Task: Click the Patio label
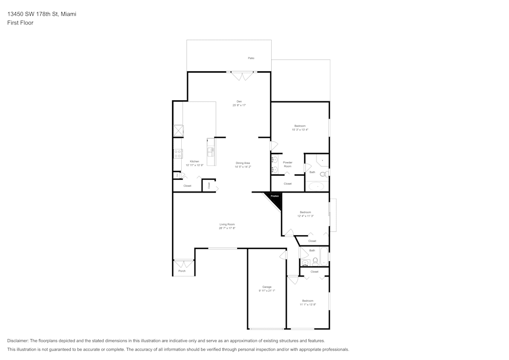click(251, 58)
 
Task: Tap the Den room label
click(239, 101)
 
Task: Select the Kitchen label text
click(194, 161)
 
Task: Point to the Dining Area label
click(243, 163)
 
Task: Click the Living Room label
click(227, 224)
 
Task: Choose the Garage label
click(267, 287)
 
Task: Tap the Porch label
click(182, 271)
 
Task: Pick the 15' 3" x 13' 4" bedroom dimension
click(300, 130)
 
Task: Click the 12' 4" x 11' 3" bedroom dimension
click(305, 216)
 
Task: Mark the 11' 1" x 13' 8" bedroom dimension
click(307, 304)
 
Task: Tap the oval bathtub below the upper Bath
click(317, 186)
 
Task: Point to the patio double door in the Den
click(242, 76)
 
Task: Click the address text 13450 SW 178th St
click(42, 14)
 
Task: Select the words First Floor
click(20, 23)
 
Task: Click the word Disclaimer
click(18, 341)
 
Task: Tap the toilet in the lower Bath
click(315, 262)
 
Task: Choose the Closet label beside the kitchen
click(187, 186)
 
